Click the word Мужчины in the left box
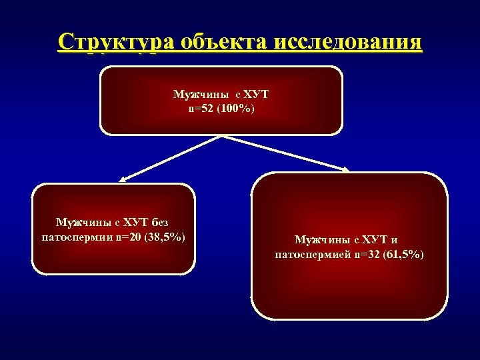coord(79,222)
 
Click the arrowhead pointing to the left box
coord(124,178)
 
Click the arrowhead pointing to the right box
coord(345,170)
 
